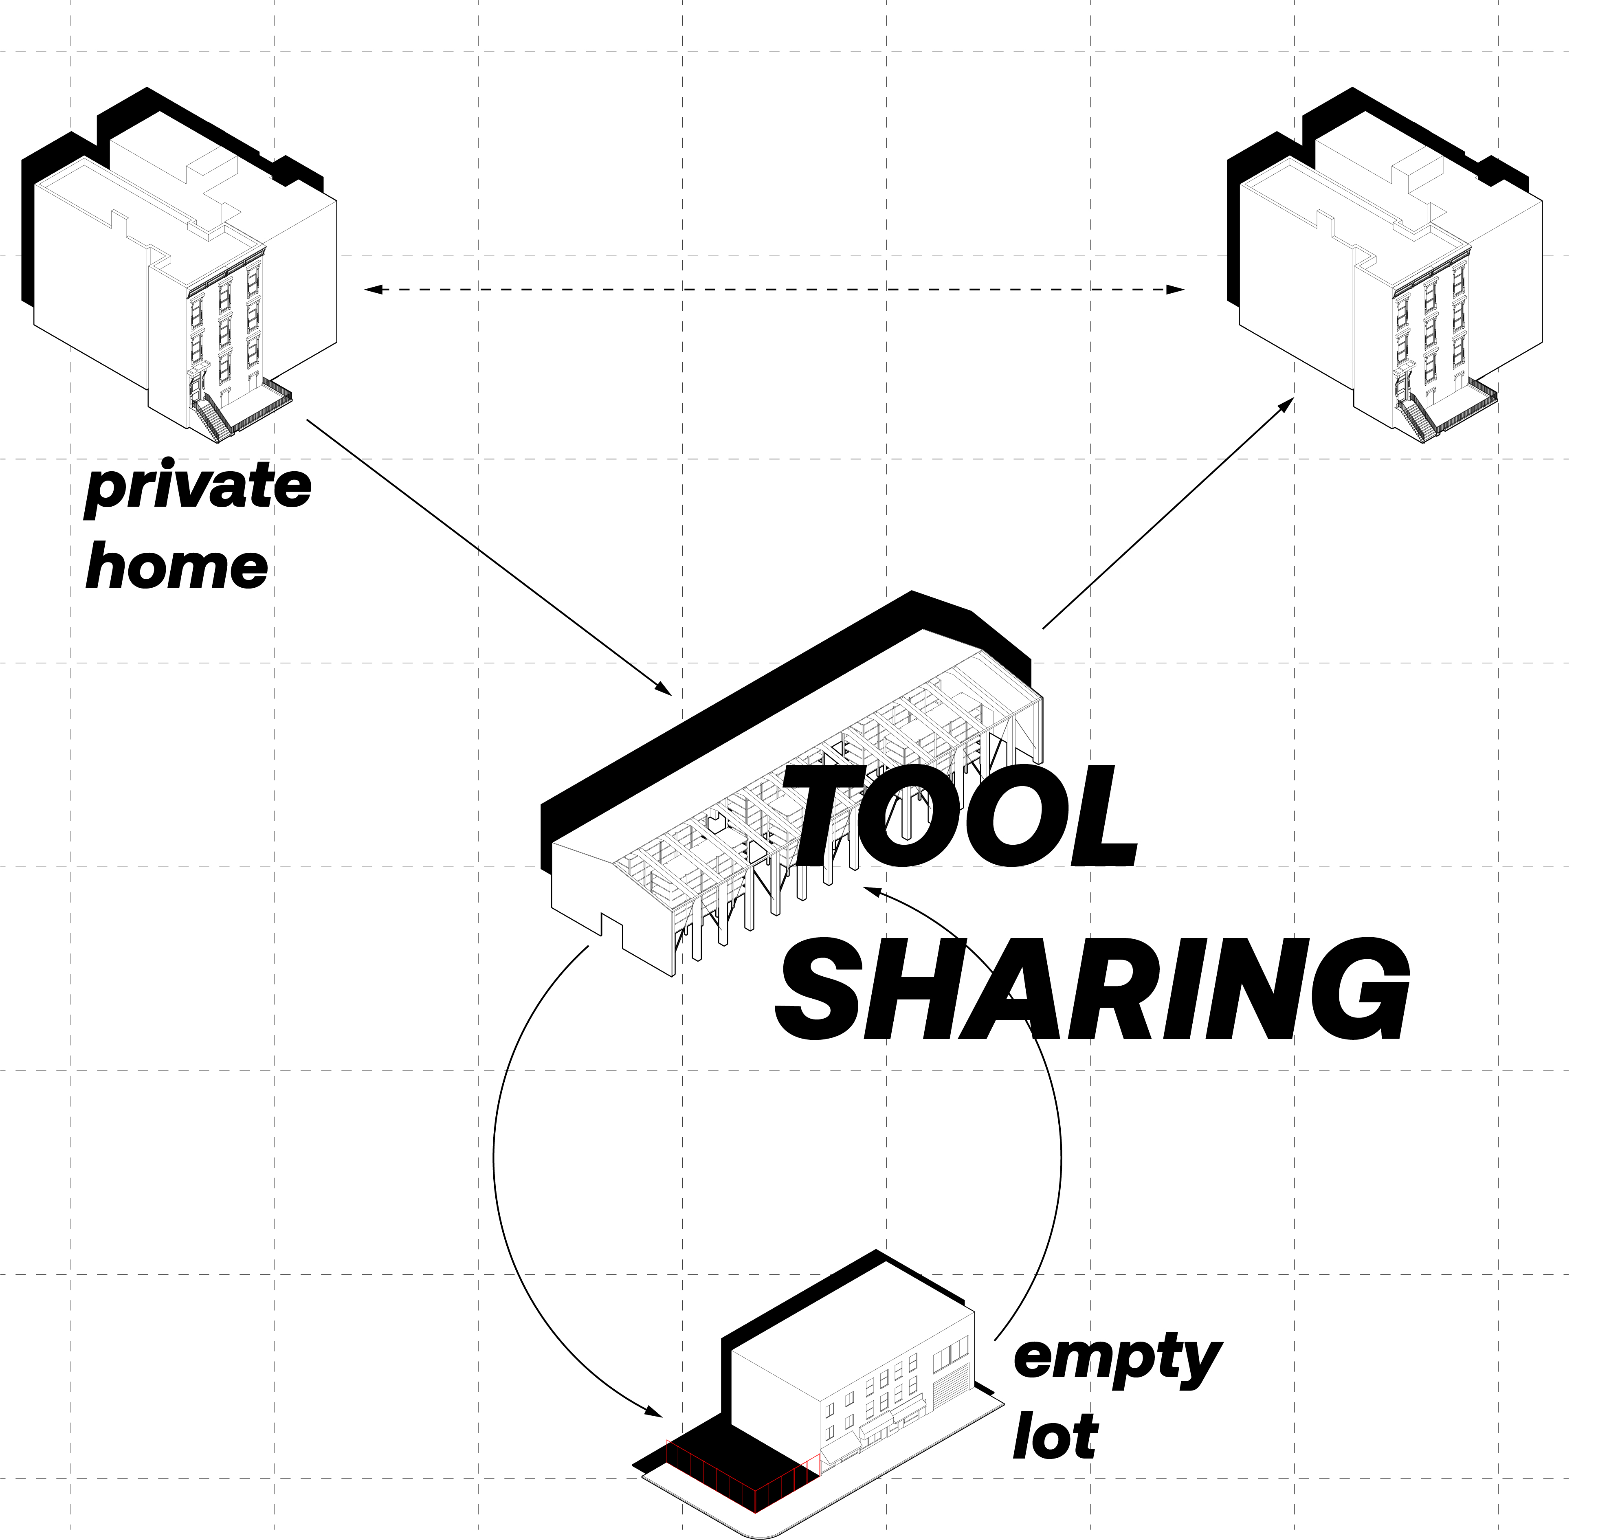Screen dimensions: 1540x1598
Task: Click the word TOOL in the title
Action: (x=962, y=818)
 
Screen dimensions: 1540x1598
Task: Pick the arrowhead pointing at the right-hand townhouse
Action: (x=1288, y=404)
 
